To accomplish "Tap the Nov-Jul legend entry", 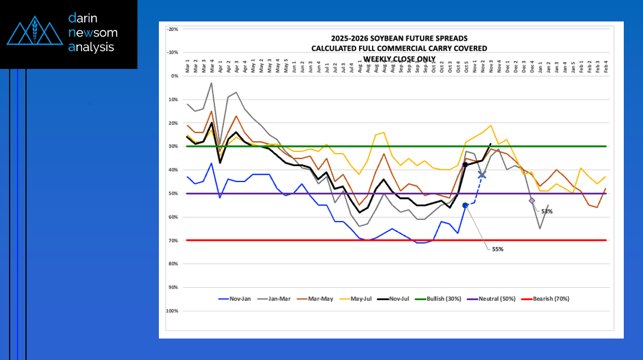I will [400, 298].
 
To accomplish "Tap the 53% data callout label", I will [547, 211].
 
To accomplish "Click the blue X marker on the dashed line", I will [482, 175].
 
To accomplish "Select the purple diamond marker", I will [532, 200].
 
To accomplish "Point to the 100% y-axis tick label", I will [171, 311].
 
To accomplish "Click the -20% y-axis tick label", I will [172, 29].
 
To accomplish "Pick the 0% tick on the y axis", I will [175, 76].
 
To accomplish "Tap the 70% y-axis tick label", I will [173, 240].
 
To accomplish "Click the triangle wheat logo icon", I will [34, 33].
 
